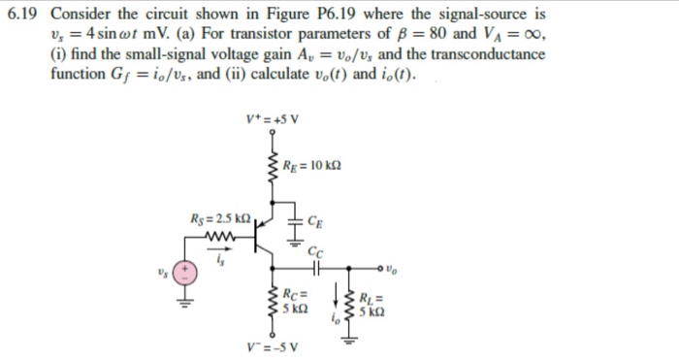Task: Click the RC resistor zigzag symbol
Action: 273,301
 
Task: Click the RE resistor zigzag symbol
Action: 273,171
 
